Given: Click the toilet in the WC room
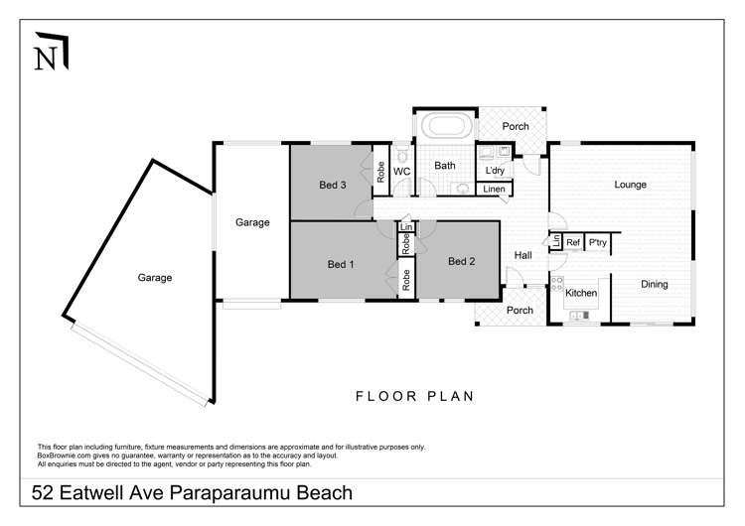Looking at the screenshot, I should [x=402, y=156].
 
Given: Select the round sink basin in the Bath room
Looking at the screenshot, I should [x=462, y=188].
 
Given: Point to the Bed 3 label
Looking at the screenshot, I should [x=332, y=186].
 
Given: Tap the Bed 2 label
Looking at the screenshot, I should [x=461, y=262].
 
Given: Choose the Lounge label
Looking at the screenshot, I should [x=630, y=185].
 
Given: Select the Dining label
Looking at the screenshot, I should [x=654, y=285].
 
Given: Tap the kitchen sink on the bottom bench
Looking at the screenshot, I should [x=579, y=317].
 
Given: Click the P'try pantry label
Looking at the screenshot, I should [x=598, y=242].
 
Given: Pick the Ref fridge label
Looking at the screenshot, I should [x=573, y=242].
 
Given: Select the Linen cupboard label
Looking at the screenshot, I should [x=495, y=190].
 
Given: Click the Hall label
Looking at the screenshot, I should [x=522, y=256].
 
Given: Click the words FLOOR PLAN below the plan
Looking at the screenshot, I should [x=414, y=396].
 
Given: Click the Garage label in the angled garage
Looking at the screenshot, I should [x=154, y=278].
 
